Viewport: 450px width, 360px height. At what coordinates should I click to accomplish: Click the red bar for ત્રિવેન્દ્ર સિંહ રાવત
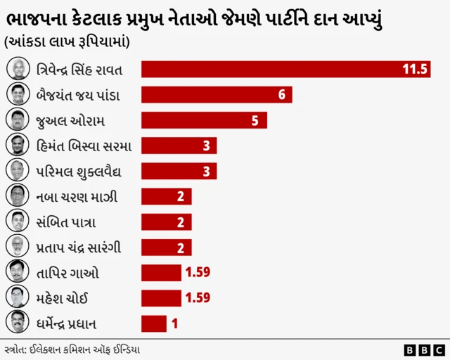click(285, 69)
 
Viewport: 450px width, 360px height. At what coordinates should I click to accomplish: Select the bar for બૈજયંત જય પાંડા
click(217, 95)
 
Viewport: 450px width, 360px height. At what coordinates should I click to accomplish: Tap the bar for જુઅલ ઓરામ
click(204, 120)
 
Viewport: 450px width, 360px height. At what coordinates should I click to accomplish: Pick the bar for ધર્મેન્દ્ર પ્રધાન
click(154, 323)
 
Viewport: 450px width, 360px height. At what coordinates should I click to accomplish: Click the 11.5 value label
click(415, 69)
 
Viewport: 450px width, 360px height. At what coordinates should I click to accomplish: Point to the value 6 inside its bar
click(281, 95)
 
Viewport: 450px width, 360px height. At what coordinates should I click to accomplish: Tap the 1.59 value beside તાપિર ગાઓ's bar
click(197, 272)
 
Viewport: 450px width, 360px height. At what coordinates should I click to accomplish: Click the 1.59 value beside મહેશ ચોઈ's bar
click(197, 297)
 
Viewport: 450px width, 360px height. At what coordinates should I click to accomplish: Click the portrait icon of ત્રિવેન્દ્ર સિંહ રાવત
click(17, 69)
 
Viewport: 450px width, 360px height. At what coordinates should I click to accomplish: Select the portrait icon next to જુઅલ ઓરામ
click(17, 120)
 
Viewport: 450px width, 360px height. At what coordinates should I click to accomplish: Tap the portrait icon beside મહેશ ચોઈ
click(17, 297)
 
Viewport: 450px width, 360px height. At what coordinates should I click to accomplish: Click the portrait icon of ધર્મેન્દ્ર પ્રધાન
click(17, 323)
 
